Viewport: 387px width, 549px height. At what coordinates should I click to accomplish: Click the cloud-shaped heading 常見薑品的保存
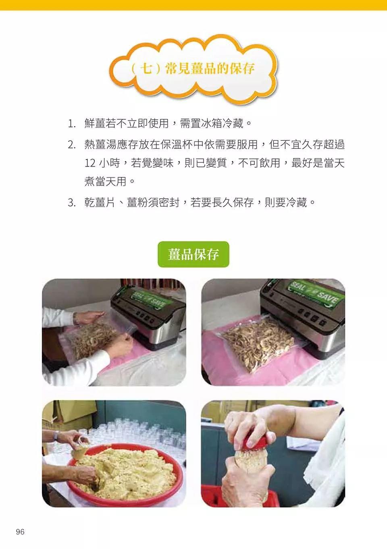tap(193, 68)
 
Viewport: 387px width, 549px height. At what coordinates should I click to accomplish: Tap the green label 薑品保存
tap(193, 254)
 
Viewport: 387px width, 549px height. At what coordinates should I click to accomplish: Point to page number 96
tap(20, 532)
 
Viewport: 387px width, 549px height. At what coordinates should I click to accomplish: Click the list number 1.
tap(71, 123)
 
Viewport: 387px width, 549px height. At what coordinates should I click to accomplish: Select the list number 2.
tap(71, 144)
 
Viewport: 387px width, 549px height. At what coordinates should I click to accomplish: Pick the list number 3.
tap(71, 202)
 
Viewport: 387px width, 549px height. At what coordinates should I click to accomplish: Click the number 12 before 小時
tap(90, 163)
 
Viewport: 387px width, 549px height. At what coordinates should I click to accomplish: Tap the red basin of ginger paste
tap(125, 472)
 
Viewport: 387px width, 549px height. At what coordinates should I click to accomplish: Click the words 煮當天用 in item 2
tap(106, 181)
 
